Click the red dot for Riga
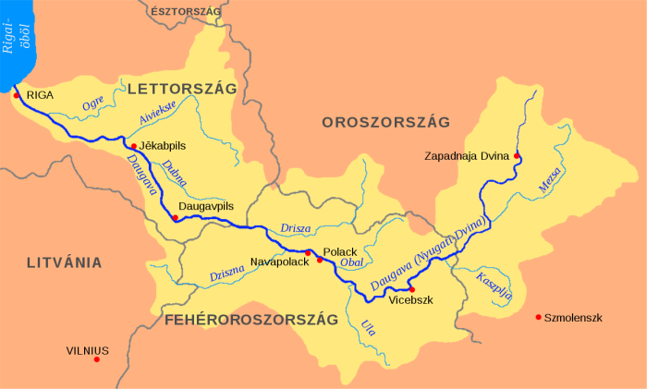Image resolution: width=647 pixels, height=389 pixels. pyautogui.click(x=17, y=94)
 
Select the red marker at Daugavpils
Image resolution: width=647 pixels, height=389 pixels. pyautogui.click(x=175, y=218)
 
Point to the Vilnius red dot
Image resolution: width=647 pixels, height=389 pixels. pyautogui.click(x=96, y=359)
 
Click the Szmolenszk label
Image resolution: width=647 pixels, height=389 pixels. pyautogui.click(x=573, y=318)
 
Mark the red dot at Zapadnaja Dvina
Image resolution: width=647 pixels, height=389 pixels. pyautogui.click(x=517, y=155)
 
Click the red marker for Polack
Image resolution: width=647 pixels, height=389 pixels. pyautogui.click(x=320, y=260)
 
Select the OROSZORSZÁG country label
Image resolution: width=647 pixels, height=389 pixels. pyautogui.click(x=385, y=122)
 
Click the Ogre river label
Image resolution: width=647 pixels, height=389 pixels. pyautogui.click(x=93, y=104)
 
